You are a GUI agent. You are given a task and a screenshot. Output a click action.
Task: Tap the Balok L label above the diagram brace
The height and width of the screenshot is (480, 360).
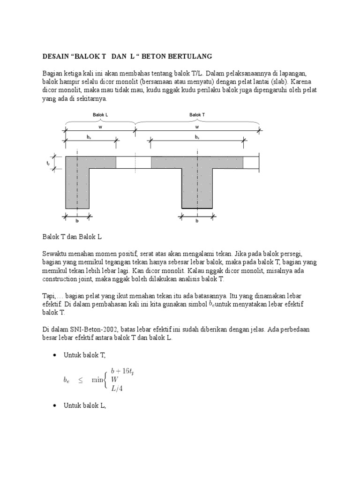(x=100, y=115)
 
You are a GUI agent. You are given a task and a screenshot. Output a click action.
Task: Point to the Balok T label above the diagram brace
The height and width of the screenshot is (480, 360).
(x=197, y=115)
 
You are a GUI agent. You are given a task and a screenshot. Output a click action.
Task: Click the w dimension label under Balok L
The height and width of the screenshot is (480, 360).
(x=100, y=126)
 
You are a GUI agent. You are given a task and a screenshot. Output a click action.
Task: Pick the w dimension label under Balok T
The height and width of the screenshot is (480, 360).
(x=197, y=126)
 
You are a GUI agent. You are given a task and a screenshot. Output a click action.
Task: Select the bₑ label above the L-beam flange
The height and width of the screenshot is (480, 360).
(x=89, y=137)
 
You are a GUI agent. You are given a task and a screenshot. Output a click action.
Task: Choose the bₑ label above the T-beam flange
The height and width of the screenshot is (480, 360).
(x=197, y=137)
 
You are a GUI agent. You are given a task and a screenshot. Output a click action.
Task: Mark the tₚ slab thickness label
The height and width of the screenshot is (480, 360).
(x=48, y=163)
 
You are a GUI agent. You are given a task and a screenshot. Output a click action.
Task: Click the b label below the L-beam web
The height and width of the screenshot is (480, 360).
(x=78, y=221)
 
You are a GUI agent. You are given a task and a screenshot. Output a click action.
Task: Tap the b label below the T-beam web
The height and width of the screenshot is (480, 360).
(x=197, y=221)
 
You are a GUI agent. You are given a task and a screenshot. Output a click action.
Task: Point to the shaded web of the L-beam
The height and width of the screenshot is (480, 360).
(x=77, y=187)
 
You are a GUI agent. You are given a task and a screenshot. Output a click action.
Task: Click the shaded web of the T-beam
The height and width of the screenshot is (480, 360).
(x=197, y=187)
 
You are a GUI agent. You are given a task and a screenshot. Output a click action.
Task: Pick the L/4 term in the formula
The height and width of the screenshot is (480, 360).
(x=117, y=388)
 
